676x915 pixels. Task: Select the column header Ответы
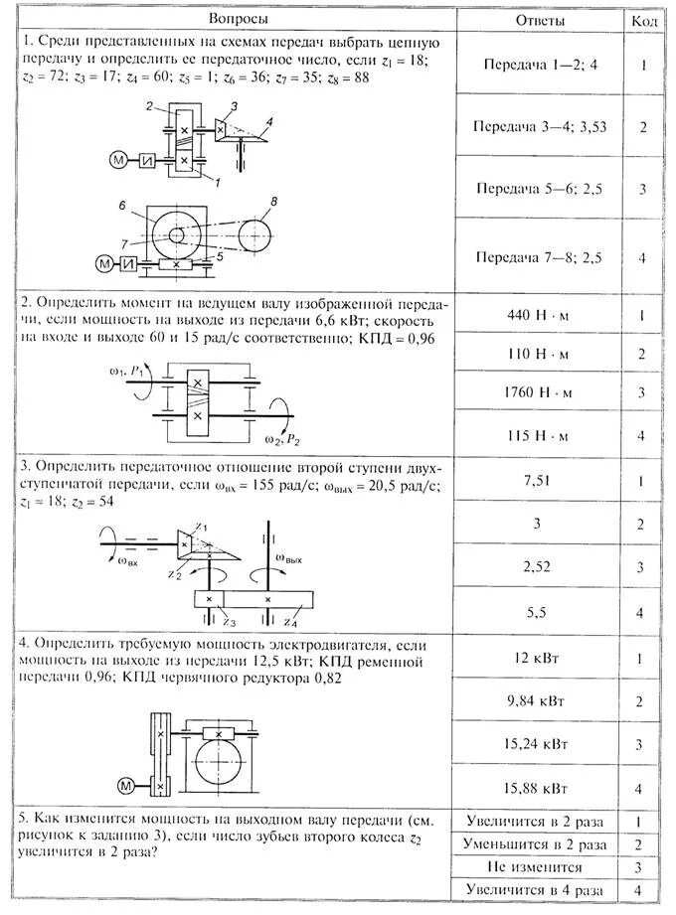click(541, 21)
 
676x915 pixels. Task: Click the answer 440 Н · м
click(540, 316)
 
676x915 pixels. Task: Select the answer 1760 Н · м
click(540, 393)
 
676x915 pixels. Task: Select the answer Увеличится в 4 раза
click(535, 891)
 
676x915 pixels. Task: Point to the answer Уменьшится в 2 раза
click(535, 843)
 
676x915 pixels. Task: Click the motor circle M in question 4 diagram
click(126, 786)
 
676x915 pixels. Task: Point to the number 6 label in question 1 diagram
click(121, 206)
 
